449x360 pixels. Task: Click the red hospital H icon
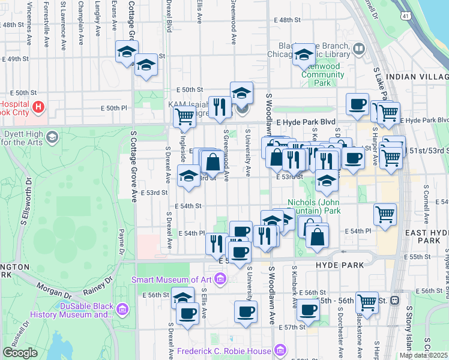[x=39, y=107]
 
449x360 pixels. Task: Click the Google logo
[x=20, y=353]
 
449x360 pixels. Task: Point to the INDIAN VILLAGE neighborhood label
[x=417, y=77]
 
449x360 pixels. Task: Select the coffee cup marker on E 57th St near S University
[x=246, y=311]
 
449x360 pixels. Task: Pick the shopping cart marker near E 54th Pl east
[x=385, y=213]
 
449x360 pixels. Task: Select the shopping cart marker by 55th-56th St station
[x=367, y=302]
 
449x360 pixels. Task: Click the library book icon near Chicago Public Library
[x=359, y=49]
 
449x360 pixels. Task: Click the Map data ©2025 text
[x=423, y=355]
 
